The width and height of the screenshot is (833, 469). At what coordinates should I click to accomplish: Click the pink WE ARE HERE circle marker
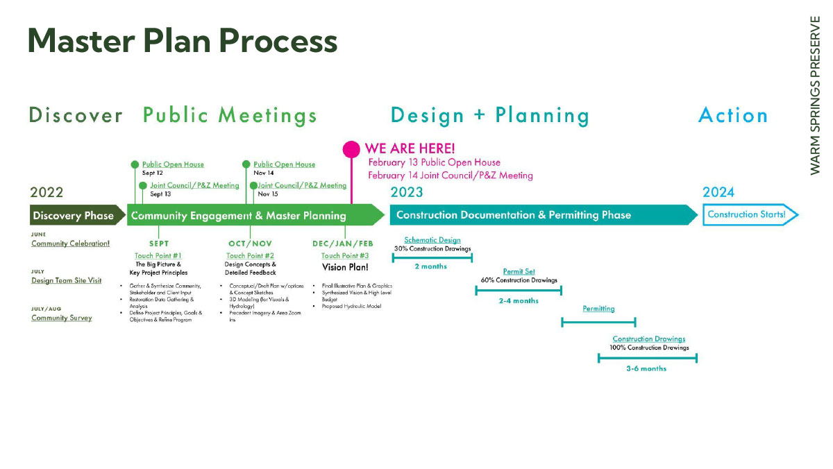[351, 149]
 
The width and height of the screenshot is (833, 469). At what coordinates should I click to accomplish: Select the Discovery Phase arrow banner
[77, 215]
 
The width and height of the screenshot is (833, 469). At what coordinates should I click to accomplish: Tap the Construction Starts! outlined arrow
[750, 214]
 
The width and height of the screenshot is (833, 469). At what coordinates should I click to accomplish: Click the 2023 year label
[407, 192]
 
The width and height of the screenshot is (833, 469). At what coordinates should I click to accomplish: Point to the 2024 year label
[718, 192]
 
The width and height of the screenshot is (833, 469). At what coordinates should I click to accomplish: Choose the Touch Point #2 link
[251, 256]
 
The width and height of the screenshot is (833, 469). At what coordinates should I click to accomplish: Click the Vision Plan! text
[345, 267]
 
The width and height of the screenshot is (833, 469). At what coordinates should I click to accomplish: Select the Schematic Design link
[432, 240]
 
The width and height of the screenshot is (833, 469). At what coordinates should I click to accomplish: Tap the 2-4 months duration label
[519, 300]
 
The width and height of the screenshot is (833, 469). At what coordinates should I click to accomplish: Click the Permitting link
[598, 309]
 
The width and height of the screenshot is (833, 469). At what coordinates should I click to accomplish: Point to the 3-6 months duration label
[646, 368]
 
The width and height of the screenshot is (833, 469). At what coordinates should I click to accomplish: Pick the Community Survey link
[62, 318]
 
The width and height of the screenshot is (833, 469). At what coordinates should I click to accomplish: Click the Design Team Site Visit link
[66, 280]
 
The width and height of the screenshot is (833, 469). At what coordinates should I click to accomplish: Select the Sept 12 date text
[153, 173]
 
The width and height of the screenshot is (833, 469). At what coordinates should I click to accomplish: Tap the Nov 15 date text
[268, 194]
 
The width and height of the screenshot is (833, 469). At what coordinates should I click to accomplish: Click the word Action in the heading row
[733, 115]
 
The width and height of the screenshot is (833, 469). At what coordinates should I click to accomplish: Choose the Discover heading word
[76, 115]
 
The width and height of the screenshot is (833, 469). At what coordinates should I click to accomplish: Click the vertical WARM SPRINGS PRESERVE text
[814, 95]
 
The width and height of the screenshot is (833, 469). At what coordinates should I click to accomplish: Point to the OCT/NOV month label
[251, 244]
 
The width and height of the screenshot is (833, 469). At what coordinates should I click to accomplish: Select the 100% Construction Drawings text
[649, 348]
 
